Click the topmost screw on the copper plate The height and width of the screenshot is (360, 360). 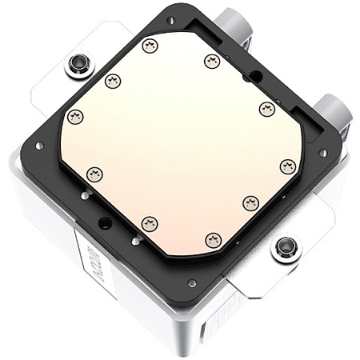click(x=150, y=46)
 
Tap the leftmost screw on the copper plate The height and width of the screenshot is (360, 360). click(x=75, y=118)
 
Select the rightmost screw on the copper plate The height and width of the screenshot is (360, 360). click(x=288, y=166)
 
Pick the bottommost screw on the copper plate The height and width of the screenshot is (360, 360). click(x=213, y=239)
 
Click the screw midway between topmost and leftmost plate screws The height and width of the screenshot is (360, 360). click(x=113, y=80)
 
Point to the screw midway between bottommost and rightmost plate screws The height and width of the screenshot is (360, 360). click(x=250, y=203)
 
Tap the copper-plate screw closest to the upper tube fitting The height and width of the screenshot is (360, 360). click(x=211, y=61)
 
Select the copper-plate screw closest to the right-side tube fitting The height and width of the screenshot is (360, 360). click(x=267, y=109)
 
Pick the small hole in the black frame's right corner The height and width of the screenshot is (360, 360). click(x=322, y=152)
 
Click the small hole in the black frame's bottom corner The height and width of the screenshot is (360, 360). click(x=192, y=282)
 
